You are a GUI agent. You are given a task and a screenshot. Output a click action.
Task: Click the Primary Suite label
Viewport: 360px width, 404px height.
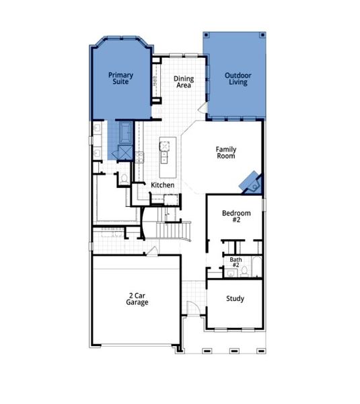click(121, 79)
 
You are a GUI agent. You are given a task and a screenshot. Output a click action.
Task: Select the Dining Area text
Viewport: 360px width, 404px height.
click(184, 82)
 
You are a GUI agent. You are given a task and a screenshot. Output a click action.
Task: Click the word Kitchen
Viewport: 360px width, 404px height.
click(162, 185)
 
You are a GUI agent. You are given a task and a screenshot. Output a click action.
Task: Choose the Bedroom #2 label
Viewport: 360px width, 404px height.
click(236, 217)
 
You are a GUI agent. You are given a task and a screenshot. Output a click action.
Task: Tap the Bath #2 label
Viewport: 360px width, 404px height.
click(236, 263)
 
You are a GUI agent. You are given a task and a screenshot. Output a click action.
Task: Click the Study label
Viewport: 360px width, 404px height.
click(235, 299)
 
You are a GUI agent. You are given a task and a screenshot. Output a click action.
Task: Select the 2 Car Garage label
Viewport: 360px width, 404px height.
click(137, 299)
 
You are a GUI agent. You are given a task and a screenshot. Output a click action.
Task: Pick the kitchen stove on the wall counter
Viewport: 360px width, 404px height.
click(140, 157)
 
